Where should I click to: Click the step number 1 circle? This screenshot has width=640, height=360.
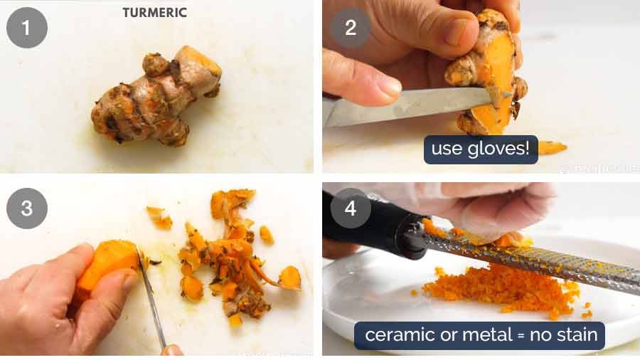(27, 28)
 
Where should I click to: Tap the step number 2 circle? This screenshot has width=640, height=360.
(350, 28)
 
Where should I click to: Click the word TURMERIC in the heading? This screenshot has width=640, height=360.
(154, 13)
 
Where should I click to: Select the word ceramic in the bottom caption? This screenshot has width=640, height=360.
(394, 334)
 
